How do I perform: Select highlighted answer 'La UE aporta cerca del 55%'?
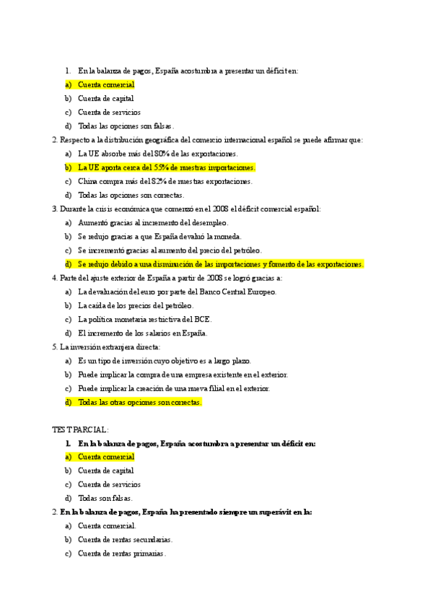(x=167, y=167)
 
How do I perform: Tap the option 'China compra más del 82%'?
(x=165, y=181)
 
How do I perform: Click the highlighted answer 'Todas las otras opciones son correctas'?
(x=140, y=402)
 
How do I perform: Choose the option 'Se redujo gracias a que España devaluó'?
(x=159, y=236)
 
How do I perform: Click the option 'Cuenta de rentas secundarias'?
(x=126, y=539)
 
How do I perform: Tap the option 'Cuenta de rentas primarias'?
(x=122, y=554)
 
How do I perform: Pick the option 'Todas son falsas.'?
(x=105, y=498)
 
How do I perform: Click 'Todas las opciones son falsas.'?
(x=126, y=126)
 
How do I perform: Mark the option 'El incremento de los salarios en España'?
(x=143, y=333)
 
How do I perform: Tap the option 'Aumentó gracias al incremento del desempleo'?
(x=153, y=223)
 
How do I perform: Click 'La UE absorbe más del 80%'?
(x=158, y=154)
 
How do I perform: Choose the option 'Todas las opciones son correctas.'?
(x=131, y=195)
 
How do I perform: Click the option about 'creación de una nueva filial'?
(x=174, y=388)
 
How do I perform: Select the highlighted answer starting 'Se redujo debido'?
(x=220, y=264)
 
